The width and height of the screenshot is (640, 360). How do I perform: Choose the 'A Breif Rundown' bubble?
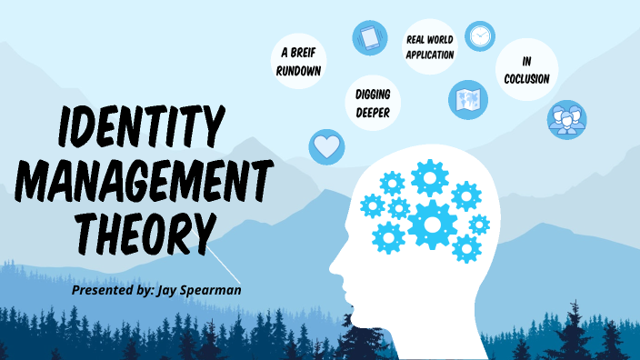(x=300, y=62)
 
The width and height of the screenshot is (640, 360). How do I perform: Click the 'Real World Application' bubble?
(x=429, y=45)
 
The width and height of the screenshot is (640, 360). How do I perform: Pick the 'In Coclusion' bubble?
(x=527, y=71)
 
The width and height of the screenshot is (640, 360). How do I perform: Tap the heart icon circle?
(x=326, y=145)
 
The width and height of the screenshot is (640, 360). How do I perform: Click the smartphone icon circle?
(x=370, y=37)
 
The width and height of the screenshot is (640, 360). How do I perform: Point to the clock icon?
(x=480, y=35)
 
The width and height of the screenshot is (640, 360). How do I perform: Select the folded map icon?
(x=468, y=98)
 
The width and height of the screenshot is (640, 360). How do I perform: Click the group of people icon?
(x=566, y=119)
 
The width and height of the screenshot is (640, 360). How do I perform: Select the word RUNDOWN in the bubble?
(x=300, y=70)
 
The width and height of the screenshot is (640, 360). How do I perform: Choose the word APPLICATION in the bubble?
(x=429, y=55)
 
